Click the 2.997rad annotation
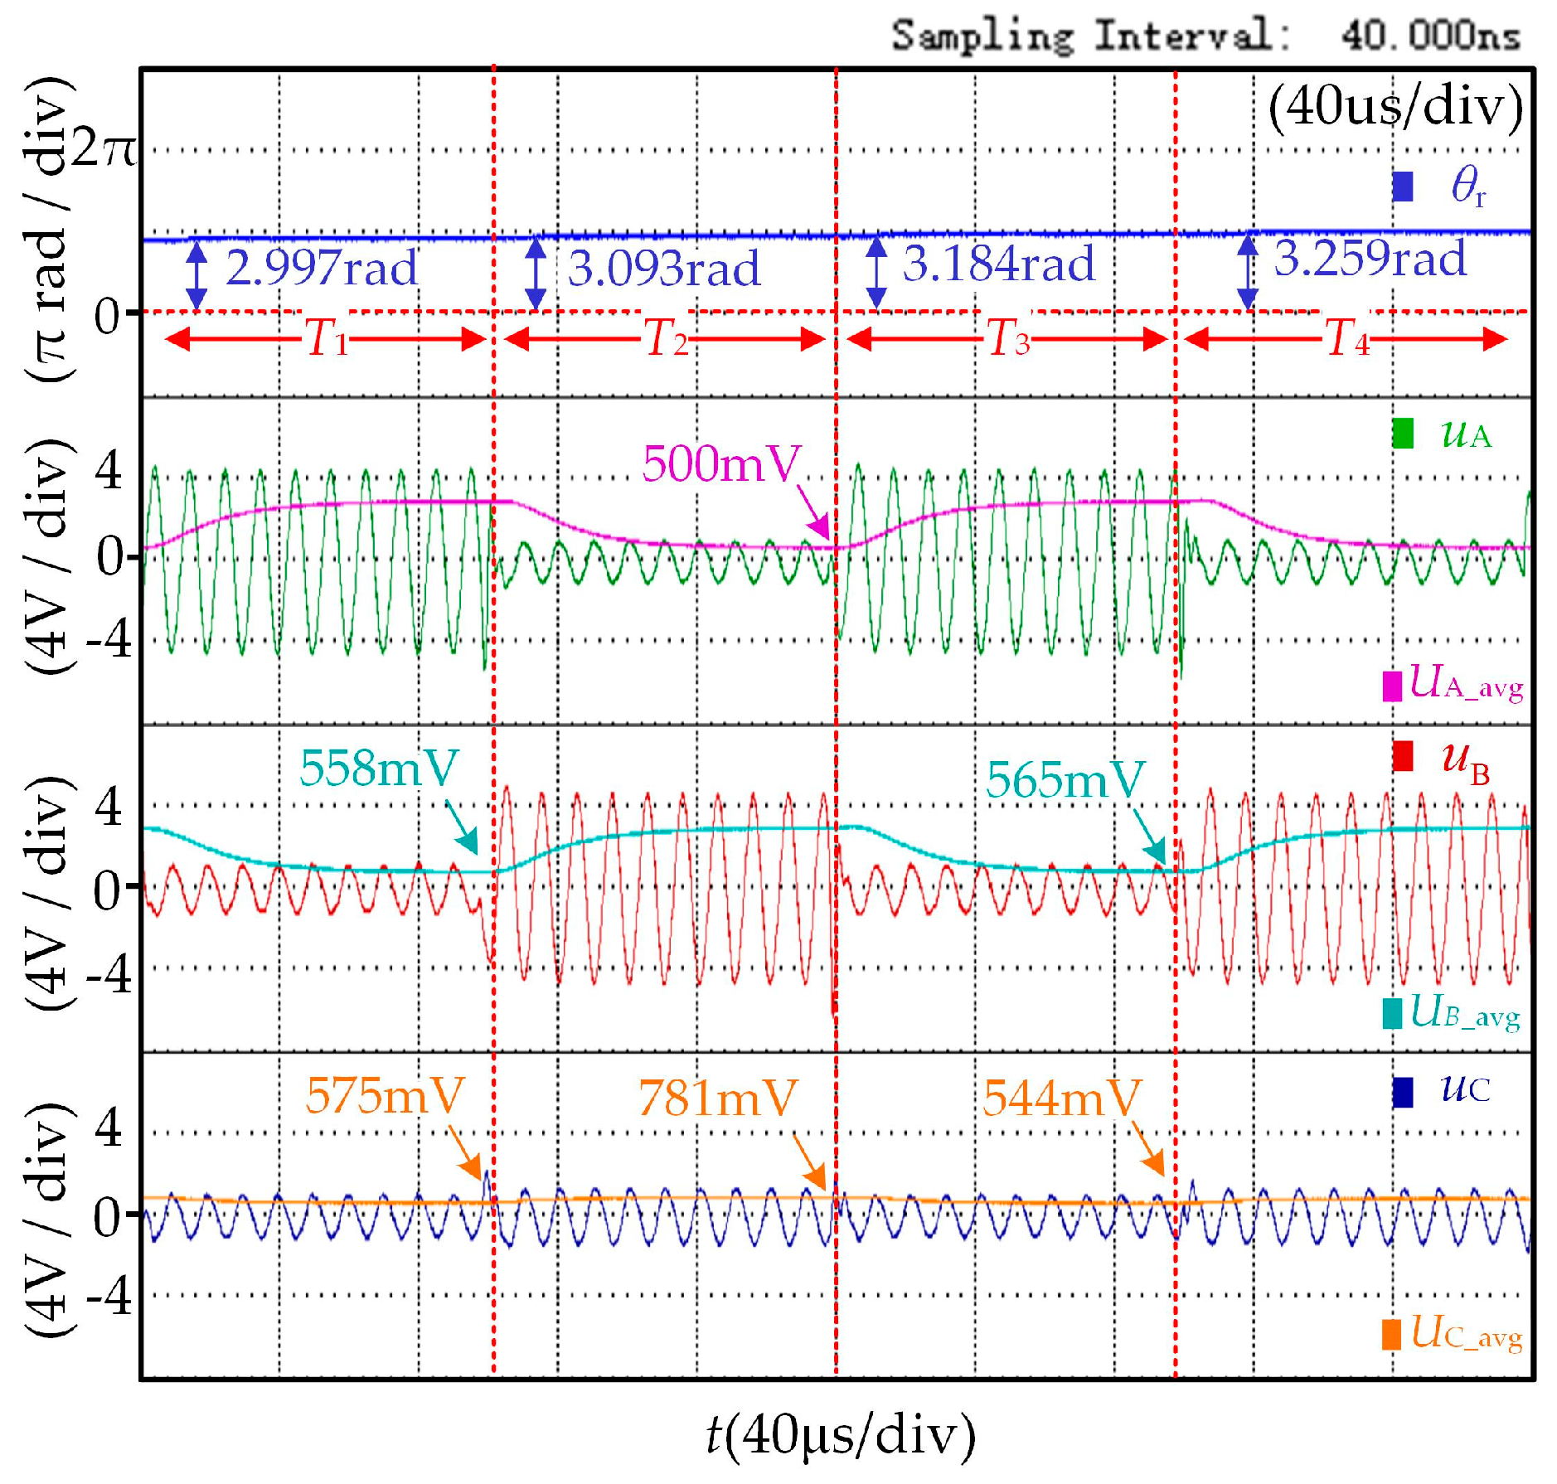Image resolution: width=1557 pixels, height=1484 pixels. pyautogui.click(x=322, y=268)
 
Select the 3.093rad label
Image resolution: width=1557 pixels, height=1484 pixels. pyautogui.click(x=664, y=269)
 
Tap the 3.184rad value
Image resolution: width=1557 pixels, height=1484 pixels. pyautogui.click(x=999, y=264)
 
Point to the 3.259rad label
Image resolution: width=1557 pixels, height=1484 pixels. pyautogui.click(x=1370, y=259)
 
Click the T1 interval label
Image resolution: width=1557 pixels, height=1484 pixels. pyautogui.click(x=327, y=338)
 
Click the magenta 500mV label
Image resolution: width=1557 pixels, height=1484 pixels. pyautogui.click(x=722, y=463)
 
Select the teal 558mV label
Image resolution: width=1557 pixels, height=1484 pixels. pyautogui.click(x=379, y=769)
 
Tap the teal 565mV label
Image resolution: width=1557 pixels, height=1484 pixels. pyautogui.click(x=1065, y=780)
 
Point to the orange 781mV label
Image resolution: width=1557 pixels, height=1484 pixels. pyautogui.click(x=718, y=1098)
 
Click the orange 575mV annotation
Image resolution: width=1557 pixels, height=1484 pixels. pyautogui.click(x=385, y=1096)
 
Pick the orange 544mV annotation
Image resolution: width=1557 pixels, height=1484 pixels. pyautogui.click(x=1062, y=1098)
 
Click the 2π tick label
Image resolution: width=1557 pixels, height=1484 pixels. pyautogui.click(x=103, y=150)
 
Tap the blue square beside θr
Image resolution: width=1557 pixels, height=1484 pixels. pyautogui.click(x=1402, y=187)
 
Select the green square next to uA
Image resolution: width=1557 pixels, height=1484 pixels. pyautogui.click(x=1402, y=434)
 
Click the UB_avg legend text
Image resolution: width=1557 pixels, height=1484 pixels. pyautogui.click(x=1465, y=1012)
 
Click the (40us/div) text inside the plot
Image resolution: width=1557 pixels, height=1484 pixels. pyautogui.click(x=1395, y=107)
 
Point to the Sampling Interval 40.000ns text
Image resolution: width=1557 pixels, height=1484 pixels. pyautogui.click(x=1205, y=36)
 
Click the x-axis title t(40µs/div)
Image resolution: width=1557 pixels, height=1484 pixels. pyautogui.click(x=840, y=1435)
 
